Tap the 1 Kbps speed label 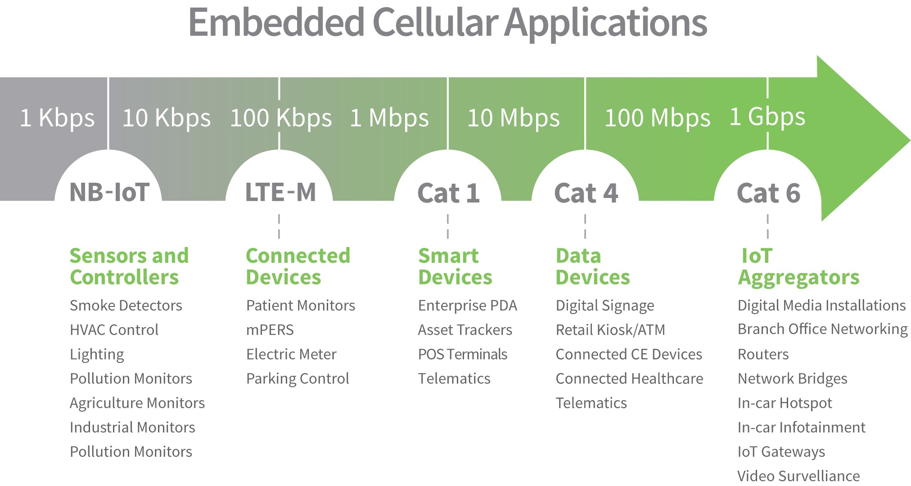(57, 118)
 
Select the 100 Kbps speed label (281, 118)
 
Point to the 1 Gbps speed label (767, 117)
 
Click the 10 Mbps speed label (514, 118)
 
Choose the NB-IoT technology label (109, 192)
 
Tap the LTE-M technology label (280, 192)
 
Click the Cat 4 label (586, 193)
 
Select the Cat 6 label (768, 193)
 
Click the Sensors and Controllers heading (129, 266)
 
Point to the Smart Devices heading (455, 266)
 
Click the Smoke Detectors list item (126, 306)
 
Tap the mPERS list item (270, 330)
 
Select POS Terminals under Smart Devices (463, 354)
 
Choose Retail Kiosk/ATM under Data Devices (610, 330)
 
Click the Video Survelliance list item (798, 476)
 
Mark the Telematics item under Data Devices (591, 403)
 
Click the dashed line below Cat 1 (448, 226)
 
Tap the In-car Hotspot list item (785, 403)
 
